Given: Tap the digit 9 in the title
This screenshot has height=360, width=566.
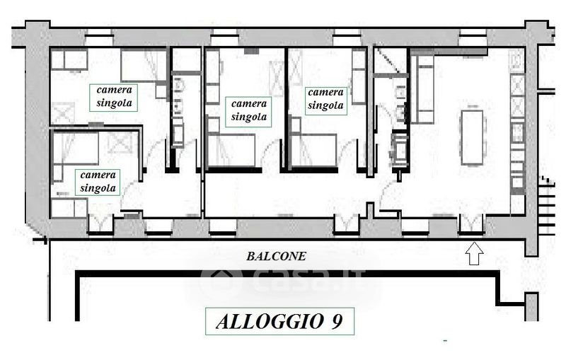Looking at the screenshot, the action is point(337,321).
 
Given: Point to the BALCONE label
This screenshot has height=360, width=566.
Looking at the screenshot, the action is point(276,256).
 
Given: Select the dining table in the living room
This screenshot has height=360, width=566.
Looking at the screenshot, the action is point(471,138).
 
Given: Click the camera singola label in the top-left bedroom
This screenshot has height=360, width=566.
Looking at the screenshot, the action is point(114,96).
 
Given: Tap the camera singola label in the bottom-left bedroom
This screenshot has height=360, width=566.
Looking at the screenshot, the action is point(98,182).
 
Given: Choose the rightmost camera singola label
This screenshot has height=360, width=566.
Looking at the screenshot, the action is point(325,99).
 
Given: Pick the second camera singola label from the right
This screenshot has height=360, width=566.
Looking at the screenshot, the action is point(249,110).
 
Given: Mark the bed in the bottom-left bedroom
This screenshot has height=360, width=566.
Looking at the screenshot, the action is point(76,148).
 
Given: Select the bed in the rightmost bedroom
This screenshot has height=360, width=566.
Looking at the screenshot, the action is point(314,150).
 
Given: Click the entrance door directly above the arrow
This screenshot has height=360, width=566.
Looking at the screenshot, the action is point(471,223).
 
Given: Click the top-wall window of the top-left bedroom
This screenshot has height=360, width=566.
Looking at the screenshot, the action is point(99,35).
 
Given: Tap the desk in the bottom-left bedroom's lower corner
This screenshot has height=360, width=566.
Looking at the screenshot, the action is point(69,207).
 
